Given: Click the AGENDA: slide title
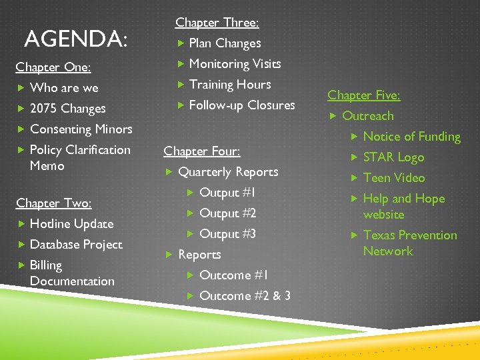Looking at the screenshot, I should pyautogui.click(x=75, y=39).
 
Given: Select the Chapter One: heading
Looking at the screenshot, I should pyautogui.click(x=53, y=67).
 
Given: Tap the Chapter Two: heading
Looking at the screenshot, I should pyautogui.click(x=53, y=203).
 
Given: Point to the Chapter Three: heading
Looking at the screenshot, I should pyautogui.click(x=217, y=23).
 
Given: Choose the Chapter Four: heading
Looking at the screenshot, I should pyautogui.click(x=201, y=151).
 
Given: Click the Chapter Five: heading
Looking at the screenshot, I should pyautogui.click(x=364, y=95).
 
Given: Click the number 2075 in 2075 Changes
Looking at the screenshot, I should pyautogui.click(x=43, y=109).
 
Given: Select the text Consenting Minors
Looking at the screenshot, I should pyautogui.click(x=81, y=129).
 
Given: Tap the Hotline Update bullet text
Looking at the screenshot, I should pyautogui.click(x=72, y=224).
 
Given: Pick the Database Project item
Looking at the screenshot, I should pyautogui.click(x=76, y=245).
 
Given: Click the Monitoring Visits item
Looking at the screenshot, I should pyautogui.click(x=235, y=64).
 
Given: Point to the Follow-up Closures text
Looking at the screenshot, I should pyautogui.click(x=242, y=105).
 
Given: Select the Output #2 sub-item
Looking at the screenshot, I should pyautogui.click(x=228, y=213).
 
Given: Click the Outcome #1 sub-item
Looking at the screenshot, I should pyautogui.click(x=234, y=275).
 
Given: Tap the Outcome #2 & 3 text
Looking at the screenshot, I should pyautogui.click(x=245, y=296).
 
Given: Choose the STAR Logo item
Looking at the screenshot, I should pyautogui.click(x=393, y=157).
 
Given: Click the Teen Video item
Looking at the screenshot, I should pyautogui.click(x=394, y=178).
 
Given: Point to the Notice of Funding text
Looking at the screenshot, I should pyautogui.click(x=412, y=137).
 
